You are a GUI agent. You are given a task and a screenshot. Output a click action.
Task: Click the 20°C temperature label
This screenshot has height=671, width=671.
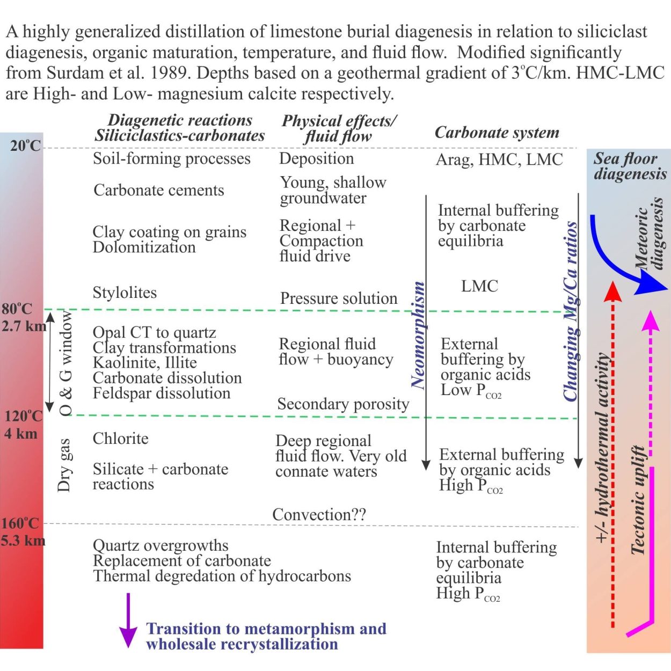tap(25, 145)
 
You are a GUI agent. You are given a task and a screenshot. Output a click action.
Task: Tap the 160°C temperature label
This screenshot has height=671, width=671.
tap(20, 523)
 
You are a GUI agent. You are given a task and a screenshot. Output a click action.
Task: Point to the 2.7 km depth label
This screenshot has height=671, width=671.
tap(24, 326)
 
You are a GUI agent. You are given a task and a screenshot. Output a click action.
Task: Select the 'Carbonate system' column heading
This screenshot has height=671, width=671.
tap(497, 132)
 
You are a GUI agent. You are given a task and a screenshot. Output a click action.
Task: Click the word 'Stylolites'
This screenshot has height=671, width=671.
tap(125, 293)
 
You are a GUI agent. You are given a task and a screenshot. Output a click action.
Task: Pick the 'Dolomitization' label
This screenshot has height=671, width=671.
tap(144, 247)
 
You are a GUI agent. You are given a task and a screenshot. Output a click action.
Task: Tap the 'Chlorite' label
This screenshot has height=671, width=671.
tap(120, 439)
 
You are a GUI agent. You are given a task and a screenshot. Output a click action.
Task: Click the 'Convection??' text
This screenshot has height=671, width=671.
tap(319, 514)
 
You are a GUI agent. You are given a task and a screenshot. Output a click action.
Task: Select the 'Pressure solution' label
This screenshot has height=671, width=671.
tap(339, 298)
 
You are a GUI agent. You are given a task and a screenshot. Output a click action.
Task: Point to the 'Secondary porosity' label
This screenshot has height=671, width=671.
tap(344, 404)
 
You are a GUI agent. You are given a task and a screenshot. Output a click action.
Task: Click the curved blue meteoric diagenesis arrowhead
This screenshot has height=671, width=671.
tap(651, 283)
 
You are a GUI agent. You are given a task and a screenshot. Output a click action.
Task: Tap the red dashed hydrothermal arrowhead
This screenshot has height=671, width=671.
tap(612, 291)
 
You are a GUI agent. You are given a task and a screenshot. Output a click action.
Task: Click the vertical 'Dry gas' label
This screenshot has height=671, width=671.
tap(65, 465)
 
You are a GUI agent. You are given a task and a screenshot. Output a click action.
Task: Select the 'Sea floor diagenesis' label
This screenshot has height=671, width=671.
tap(630, 166)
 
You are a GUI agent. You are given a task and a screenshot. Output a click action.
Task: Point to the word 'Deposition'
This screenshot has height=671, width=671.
tap(317, 158)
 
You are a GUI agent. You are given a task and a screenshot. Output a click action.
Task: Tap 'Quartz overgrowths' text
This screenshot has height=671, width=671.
tap(161, 545)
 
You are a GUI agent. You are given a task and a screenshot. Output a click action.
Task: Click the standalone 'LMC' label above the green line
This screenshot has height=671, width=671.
tap(479, 286)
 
